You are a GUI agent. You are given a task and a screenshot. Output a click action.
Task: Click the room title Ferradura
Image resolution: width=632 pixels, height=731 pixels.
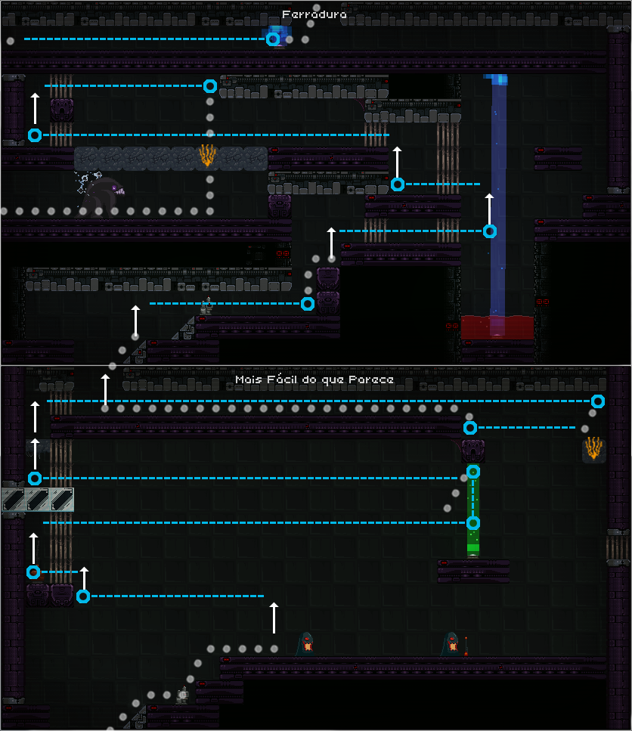314,14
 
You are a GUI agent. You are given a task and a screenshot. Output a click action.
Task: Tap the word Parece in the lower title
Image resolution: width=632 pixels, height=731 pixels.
372,379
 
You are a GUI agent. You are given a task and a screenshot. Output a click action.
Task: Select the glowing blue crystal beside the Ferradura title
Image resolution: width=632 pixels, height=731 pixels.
277,35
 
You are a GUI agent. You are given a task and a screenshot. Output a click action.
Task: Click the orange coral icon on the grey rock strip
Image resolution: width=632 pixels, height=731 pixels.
206,156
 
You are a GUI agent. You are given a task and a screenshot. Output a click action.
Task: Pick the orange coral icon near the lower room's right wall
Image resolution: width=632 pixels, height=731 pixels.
594,448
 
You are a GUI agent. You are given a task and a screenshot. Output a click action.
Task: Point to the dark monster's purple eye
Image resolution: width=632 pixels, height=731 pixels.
116,187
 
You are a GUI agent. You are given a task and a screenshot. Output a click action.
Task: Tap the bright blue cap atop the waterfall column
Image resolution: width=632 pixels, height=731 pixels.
496,79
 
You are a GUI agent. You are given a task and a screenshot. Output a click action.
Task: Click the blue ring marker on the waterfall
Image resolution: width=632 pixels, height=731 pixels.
490,231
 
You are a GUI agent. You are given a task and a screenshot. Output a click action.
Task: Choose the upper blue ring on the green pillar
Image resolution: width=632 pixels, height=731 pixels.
472,472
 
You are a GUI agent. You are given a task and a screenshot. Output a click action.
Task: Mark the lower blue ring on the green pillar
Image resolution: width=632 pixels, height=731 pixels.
472,522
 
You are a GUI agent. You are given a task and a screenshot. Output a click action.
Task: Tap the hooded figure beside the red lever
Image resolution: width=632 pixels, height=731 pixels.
451,644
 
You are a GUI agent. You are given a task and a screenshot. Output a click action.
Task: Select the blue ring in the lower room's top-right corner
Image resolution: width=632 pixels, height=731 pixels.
598,401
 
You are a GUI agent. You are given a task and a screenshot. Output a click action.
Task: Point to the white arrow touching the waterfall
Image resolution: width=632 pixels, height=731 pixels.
490,209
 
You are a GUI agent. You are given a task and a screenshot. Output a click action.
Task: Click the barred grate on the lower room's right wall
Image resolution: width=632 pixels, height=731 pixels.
618,547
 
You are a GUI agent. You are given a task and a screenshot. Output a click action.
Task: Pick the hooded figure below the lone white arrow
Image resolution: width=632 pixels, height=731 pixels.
306,644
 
